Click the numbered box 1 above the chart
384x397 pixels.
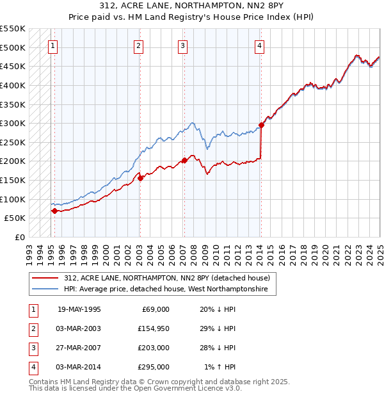coord(52,46)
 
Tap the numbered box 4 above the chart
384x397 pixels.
coord(259,46)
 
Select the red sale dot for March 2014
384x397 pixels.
coord(261,126)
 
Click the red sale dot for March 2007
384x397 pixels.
coord(184,160)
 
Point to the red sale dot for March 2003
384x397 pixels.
coord(140,178)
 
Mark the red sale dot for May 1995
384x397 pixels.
coord(54,211)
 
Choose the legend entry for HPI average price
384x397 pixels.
coord(169,290)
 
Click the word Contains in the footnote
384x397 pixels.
coord(45,382)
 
